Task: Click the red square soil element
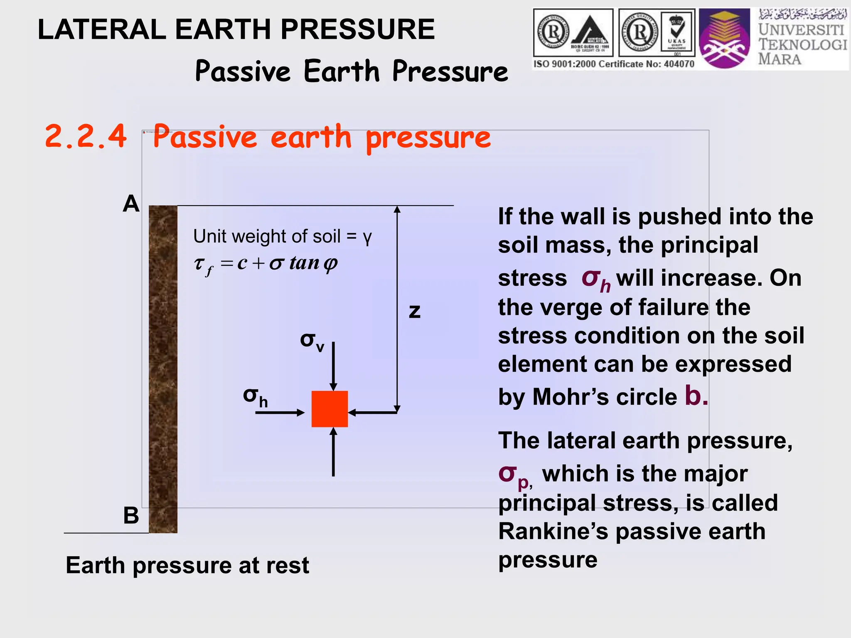pos(330,409)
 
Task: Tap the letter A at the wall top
pos(131,204)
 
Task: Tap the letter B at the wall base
pos(131,515)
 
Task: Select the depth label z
pos(415,312)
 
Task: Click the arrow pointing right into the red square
pos(280,412)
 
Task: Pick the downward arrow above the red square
pos(333,366)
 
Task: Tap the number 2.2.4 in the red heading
pos(86,136)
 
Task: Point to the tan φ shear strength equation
pos(266,264)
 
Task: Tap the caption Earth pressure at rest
pos(187,565)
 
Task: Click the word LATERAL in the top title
pos(101,30)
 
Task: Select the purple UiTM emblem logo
pos(724,39)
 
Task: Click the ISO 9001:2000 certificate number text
pos(614,64)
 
